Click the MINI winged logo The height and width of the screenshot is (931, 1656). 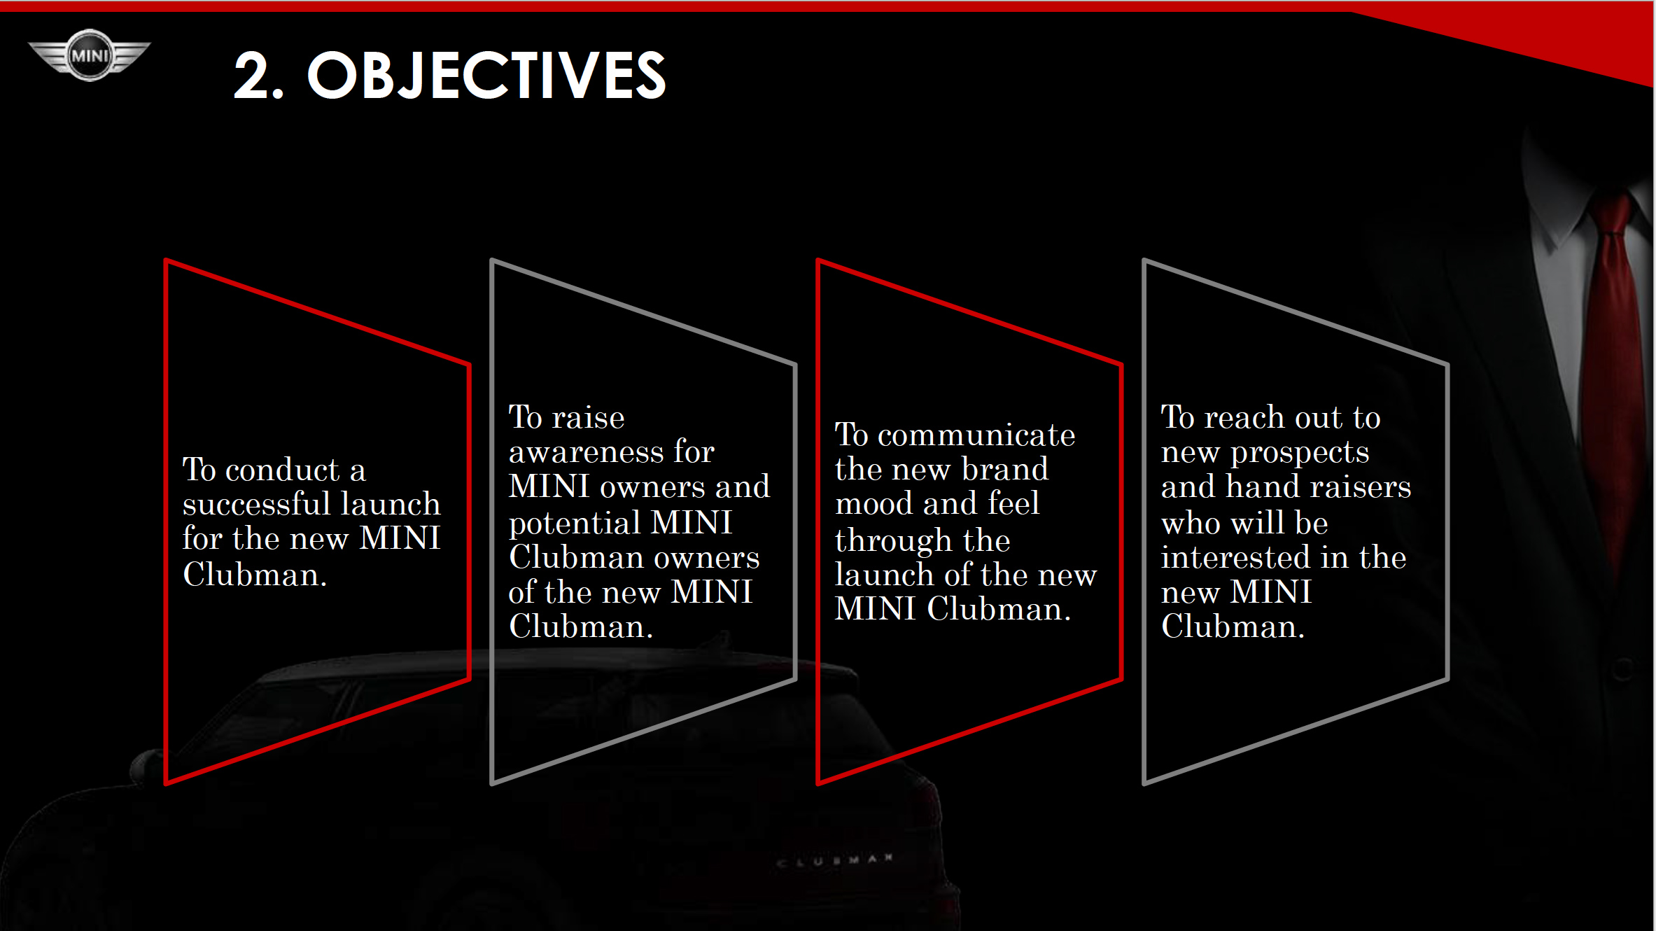pyautogui.click(x=90, y=55)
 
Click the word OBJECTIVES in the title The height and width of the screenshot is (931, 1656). pyautogui.click(x=487, y=76)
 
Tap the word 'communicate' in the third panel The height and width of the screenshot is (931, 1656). pyautogui.click(x=976, y=435)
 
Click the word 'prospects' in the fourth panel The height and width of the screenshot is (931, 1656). pyautogui.click(x=1300, y=454)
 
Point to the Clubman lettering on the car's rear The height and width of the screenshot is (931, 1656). pyautogui.click(x=834, y=860)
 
